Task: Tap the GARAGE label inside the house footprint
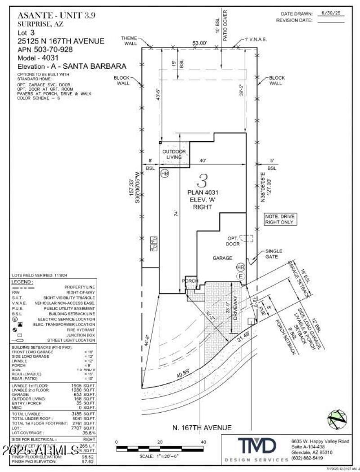point(222,258)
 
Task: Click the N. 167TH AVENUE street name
point(202,428)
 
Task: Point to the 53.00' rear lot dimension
point(199,43)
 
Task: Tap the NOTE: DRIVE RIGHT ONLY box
point(281,219)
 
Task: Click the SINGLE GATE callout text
point(274,254)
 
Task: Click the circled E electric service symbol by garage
point(241,276)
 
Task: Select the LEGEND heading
point(22,281)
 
